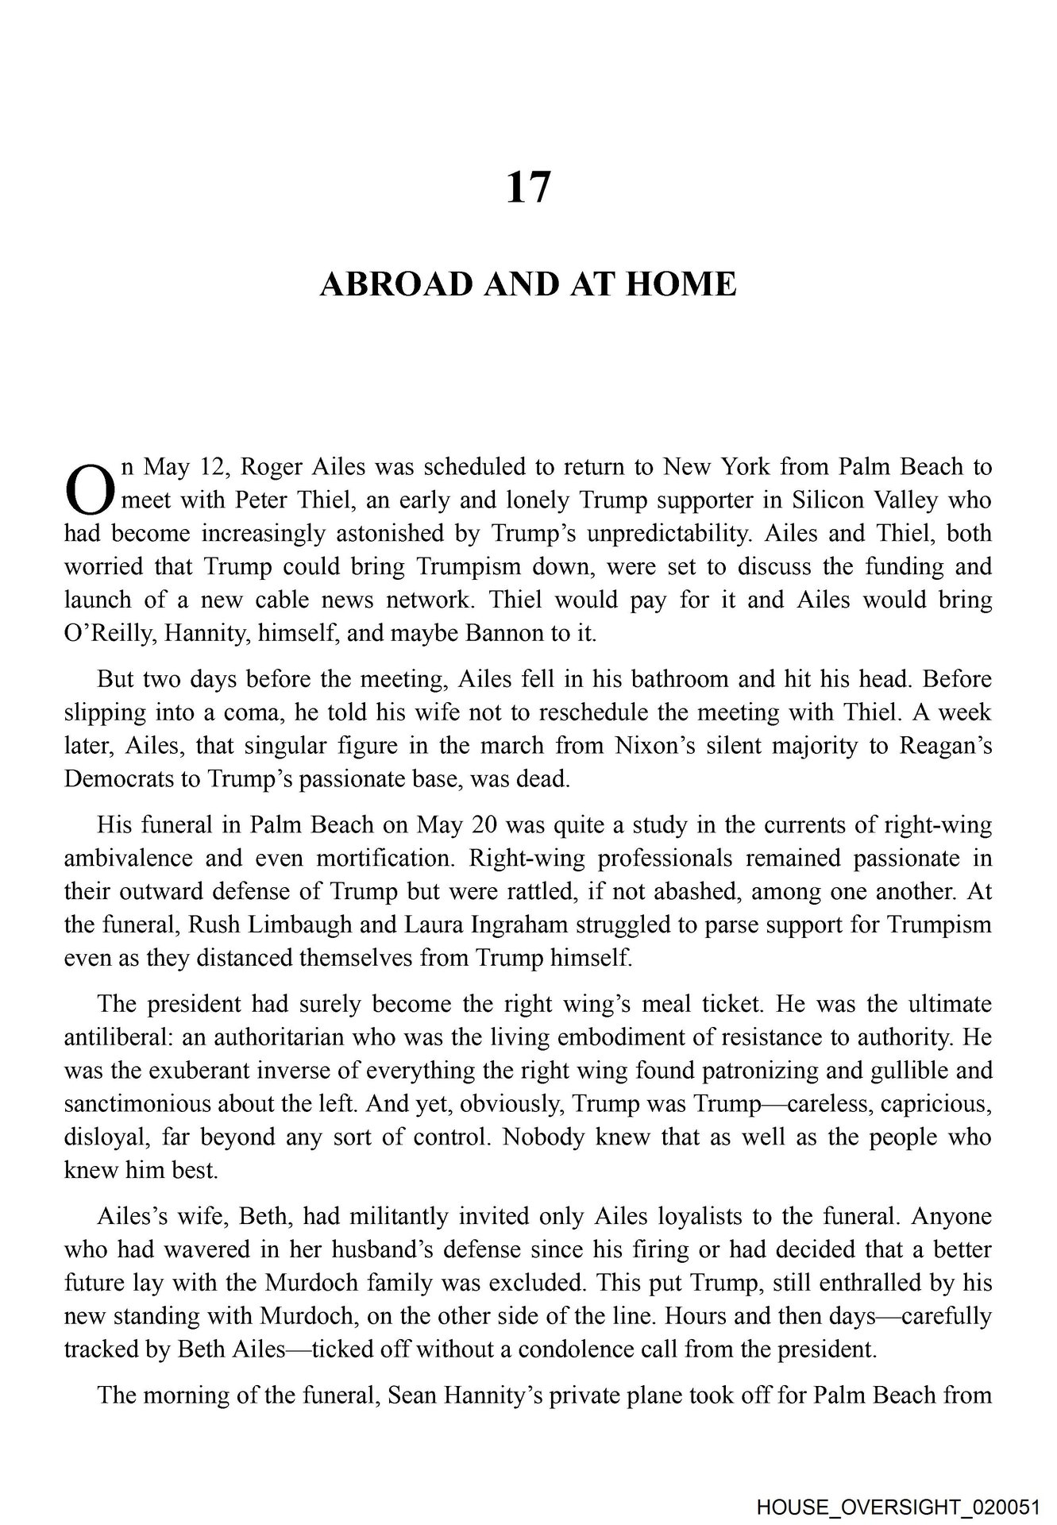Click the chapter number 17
528,188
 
